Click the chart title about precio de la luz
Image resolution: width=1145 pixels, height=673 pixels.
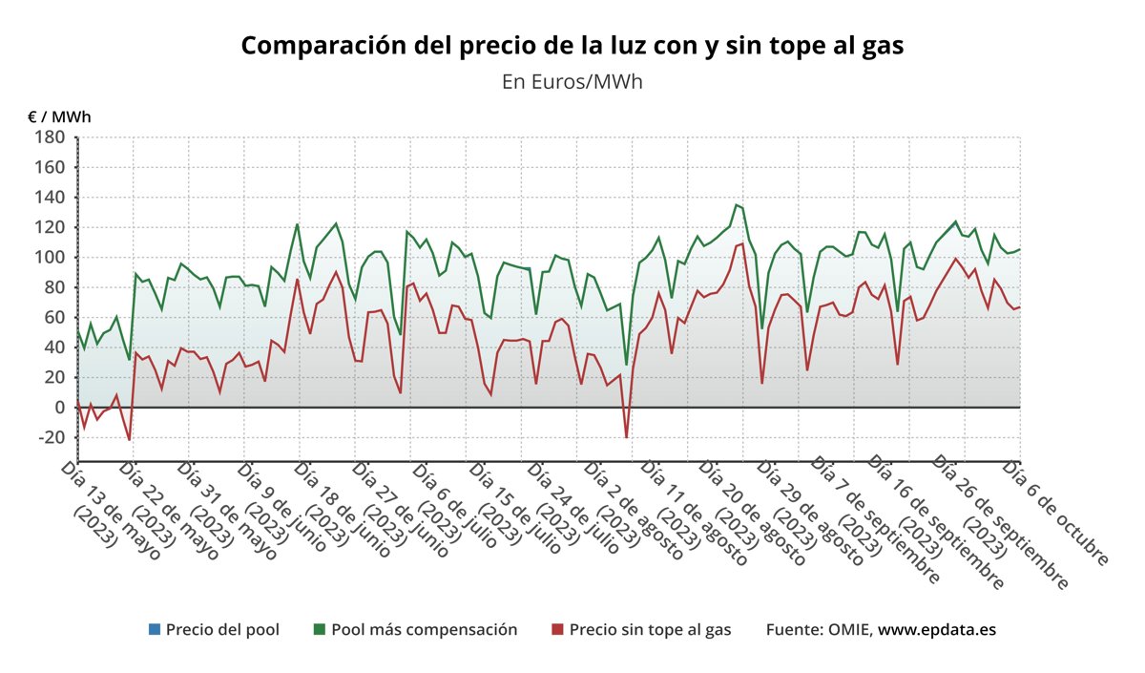[x=572, y=45]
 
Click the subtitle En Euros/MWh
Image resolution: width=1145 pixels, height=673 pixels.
[x=572, y=81]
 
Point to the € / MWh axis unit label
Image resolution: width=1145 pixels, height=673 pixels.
[x=59, y=117]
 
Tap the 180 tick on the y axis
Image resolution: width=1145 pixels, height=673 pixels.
[x=50, y=137]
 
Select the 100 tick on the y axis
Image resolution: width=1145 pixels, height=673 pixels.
[x=50, y=258]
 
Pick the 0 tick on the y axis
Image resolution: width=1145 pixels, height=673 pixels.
[x=58, y=408]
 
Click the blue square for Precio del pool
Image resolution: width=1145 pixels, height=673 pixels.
[x=154, y=629]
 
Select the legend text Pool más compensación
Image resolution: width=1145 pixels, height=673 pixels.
[x=424, y=629]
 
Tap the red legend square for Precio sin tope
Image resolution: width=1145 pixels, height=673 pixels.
[x=557, y=629]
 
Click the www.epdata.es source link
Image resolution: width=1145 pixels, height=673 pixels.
[x=936, y=629]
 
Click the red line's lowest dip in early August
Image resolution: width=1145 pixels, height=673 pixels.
[x=627, y=437]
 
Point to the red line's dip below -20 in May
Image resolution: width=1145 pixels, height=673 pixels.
[x=129, y=440]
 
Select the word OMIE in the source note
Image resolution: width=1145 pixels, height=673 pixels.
[x=849, y=629]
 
